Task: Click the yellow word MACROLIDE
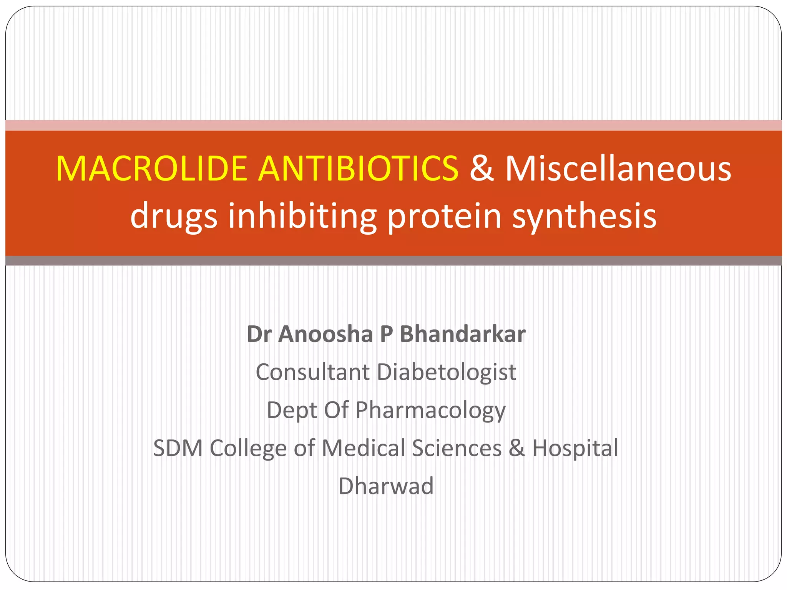pyautogui.click(x=151, y=169)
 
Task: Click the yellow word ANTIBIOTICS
pyautogui.click(x=358, y=169)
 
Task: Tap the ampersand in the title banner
pyautogui.click(x=481, y=169)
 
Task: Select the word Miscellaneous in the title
pyautogui.click(x=618, y=169)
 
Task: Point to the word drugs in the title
pyautogui.click(x=174, y=216)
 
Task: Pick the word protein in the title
pyautogui.click(x=444, y=216)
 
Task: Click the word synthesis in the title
pyautogui.click(x=584, y=216)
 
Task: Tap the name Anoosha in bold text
pyautogui.click(x=325, y=334)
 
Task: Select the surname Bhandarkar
pyautogui.click(x=462, y=334)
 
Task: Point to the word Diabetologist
pyautogui.click(x=446, y=373)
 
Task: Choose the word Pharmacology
pyautogui.click(x=430, y=411)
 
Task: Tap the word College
pyautogui.click(x=248, y=449)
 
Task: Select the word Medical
pyautogui.click(x=363, y=448)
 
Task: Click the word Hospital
pyautogui.click(x=575, y=449)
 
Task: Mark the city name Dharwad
pyautogui.click(x=386, y=486)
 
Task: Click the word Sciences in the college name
pyautogui.click(x=457, y=448)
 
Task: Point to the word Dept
pyautogui.click(x=292, y=411)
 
